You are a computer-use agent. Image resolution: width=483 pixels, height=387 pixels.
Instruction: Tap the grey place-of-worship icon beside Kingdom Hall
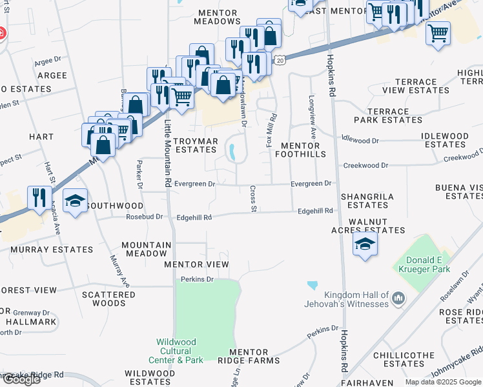(398, 299)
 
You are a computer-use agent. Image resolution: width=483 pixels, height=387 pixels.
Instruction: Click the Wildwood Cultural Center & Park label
(180, 351)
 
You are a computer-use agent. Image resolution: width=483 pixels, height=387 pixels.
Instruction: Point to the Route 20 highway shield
(280, 60)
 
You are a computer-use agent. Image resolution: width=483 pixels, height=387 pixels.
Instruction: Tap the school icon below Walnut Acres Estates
(365, 244)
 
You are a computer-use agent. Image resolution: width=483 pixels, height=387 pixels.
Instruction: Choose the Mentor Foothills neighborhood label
(297, 150)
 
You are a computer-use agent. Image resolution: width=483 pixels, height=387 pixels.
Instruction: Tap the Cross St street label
(254, 199)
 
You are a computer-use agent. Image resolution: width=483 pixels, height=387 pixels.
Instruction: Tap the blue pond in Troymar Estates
(231, 152)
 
